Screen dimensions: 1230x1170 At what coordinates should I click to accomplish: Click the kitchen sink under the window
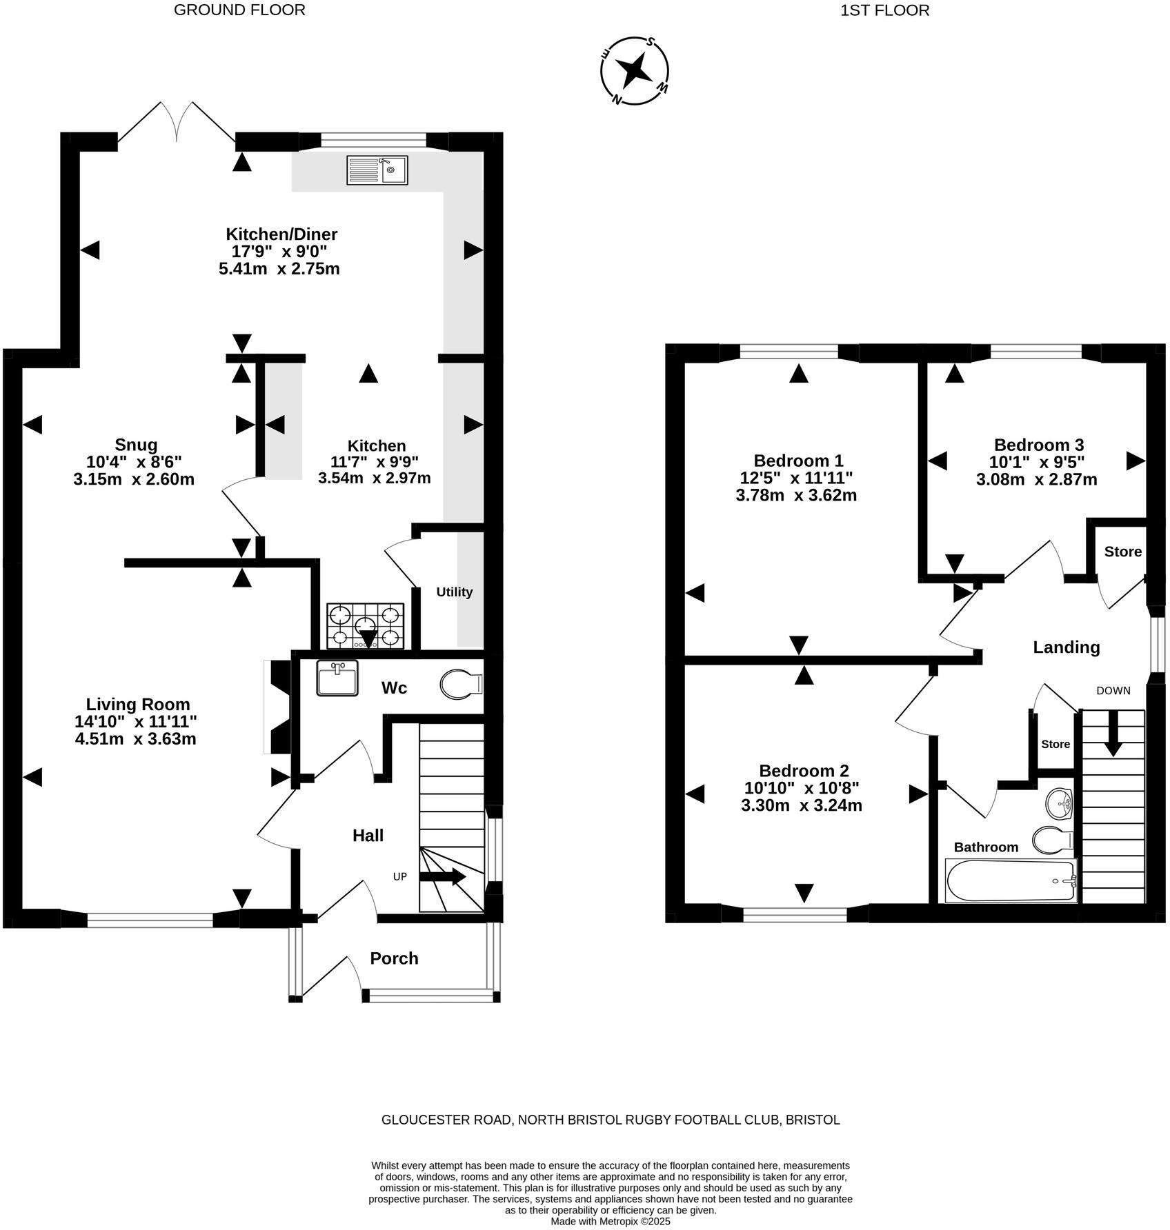(x=377, y=170)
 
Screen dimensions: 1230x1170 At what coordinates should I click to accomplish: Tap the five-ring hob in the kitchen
(x=365, y=626)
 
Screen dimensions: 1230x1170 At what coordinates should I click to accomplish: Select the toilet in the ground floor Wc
(x=461, y=684)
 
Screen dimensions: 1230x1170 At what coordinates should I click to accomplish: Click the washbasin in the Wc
(x=337, y=678)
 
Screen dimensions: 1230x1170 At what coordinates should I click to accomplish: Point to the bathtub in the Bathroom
(x=1011, y=881)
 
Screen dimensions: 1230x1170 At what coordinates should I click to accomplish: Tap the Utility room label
(x=454, y=592)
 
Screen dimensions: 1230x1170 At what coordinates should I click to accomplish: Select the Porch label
(x=394, y=958)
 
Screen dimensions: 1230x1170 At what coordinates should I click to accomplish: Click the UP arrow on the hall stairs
(x=442, y=876)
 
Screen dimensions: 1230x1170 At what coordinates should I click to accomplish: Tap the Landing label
(x=1066, y=647)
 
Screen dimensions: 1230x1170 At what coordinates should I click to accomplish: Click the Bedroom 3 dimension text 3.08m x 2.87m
(x=1036, y=479)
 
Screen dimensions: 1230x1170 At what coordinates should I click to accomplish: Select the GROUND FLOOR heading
(x=239, y=10)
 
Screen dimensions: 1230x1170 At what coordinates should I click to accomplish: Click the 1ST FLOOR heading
(x=884, y=10)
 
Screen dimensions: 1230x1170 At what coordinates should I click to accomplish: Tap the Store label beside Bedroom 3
(x=1122, y=552)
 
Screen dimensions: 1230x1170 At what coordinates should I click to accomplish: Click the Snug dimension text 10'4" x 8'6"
(x=134, y=461)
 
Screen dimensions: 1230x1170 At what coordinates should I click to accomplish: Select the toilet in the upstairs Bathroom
(x=1052, y=840)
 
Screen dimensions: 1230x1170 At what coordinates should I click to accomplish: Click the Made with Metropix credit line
(x=610, y=1220)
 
